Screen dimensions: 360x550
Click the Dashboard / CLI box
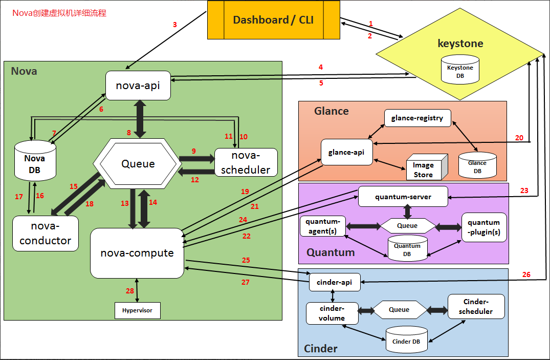(x=273, y=20)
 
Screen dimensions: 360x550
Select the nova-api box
(x=138, y=86)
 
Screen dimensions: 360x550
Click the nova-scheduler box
(x=246, y=163)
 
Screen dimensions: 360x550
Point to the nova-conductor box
(x=46, y=234)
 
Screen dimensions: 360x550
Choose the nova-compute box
(x=137, y=253)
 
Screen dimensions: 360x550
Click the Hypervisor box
(x=137, y=310)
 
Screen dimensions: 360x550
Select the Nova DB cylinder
(x=35, y=162)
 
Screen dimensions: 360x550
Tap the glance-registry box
(x=417, y=118)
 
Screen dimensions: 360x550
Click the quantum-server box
(x=403, y=197)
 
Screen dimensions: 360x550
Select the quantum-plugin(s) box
(x=483, y=227)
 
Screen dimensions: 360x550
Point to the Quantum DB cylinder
(x=407, y=249)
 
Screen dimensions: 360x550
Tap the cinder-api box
(x=335, y=282)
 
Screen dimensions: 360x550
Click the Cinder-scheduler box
(x=476, y=306)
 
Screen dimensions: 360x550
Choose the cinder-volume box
(x=332, y=313)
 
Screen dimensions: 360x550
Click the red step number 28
(x=130, y=291)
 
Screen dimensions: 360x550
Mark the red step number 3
(x=174, y=25)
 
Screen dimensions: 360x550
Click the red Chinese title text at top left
(x=59, y=13)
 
